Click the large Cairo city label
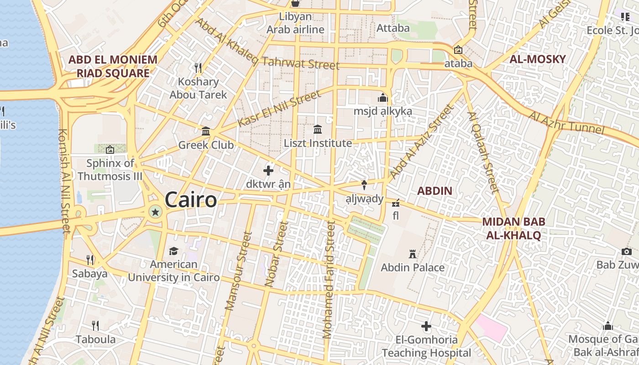point(190,200)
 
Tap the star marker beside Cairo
point(155,212)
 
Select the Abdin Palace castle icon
point(413,254)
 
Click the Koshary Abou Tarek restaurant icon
point(198,68)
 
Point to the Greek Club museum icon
point(206,131)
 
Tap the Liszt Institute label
point(318,143)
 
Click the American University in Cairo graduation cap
point(173,251)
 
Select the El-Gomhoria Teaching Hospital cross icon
point(426,326)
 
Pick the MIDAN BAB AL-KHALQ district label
point(513,229)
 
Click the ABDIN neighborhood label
point(435,191)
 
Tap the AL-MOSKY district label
point(537,59)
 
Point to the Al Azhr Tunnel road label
point(566,122)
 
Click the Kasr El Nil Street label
point(279,109)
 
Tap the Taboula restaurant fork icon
point(95,325)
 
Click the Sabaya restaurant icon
point(90,260)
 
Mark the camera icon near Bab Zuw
point(626,251)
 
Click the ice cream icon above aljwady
point(364,185)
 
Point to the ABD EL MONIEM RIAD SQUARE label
point(113,66)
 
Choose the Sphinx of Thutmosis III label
point(110,170)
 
